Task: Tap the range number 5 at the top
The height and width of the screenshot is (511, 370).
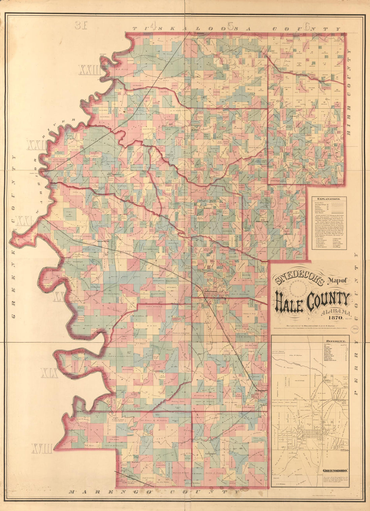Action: pyautogui.click(x=230, y=26)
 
